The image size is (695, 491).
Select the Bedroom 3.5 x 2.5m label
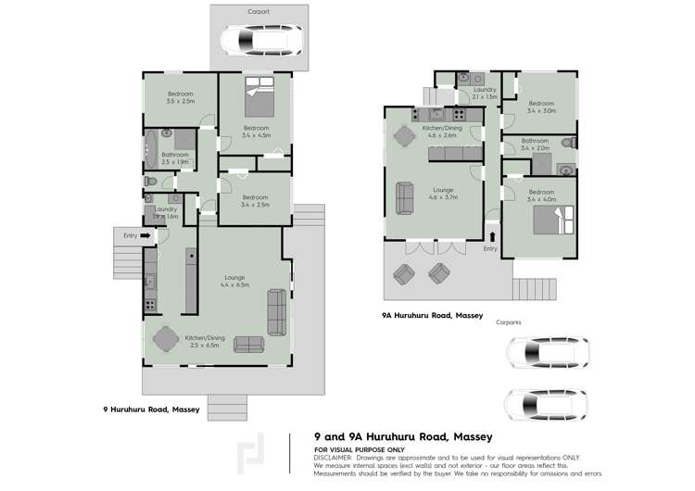[181, 97]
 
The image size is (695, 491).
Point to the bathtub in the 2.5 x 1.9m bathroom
[152, 150]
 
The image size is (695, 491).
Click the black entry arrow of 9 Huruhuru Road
[145, 236]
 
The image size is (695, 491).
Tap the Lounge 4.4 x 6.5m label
[234, 282]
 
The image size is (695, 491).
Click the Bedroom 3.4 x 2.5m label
[256, 201]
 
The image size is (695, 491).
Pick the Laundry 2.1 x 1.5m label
[485, 93]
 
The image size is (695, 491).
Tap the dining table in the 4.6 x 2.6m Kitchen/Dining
[405, 135]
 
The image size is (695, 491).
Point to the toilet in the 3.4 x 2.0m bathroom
[568, 143]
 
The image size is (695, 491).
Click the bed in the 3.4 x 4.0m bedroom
[555, 220]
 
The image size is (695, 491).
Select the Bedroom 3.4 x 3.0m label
[540, 107]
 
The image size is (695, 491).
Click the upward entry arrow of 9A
[490, 238]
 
